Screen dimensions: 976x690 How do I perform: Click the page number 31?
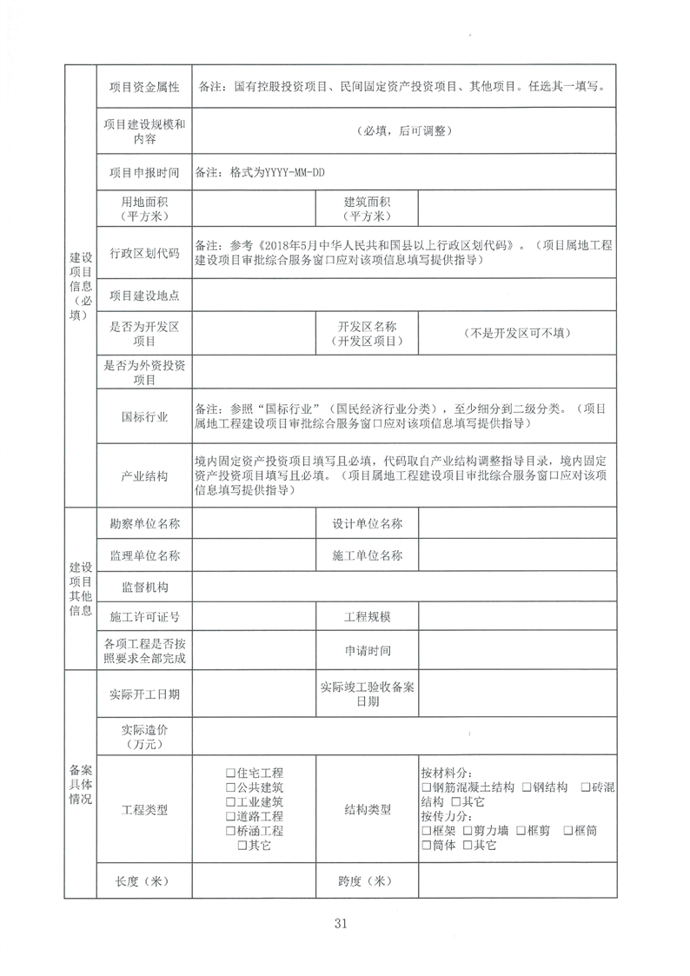(340, 923)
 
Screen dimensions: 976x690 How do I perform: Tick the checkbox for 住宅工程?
(229, 773)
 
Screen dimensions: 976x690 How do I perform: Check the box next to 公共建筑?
(229, 787)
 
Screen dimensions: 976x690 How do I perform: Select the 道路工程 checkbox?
(229, 816)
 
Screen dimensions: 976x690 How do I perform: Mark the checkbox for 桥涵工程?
(229, 831)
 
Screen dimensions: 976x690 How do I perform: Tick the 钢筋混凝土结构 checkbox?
(426, 787)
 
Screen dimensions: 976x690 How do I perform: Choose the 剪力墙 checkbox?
(468, 831)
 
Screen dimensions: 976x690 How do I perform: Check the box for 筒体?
(426, 846)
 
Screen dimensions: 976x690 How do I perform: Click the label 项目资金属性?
(144, 87)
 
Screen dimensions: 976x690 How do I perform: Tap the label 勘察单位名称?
(144, 524)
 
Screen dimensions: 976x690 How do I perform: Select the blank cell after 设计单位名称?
(517, 524)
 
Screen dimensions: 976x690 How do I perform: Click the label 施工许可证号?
(144, 617)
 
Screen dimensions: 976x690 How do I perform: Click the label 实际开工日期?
(144, 694)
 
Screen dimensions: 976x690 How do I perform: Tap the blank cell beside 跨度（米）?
(517, 881)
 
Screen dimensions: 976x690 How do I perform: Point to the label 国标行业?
(144, 416)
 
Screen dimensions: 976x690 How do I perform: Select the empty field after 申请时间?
(517, 649)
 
